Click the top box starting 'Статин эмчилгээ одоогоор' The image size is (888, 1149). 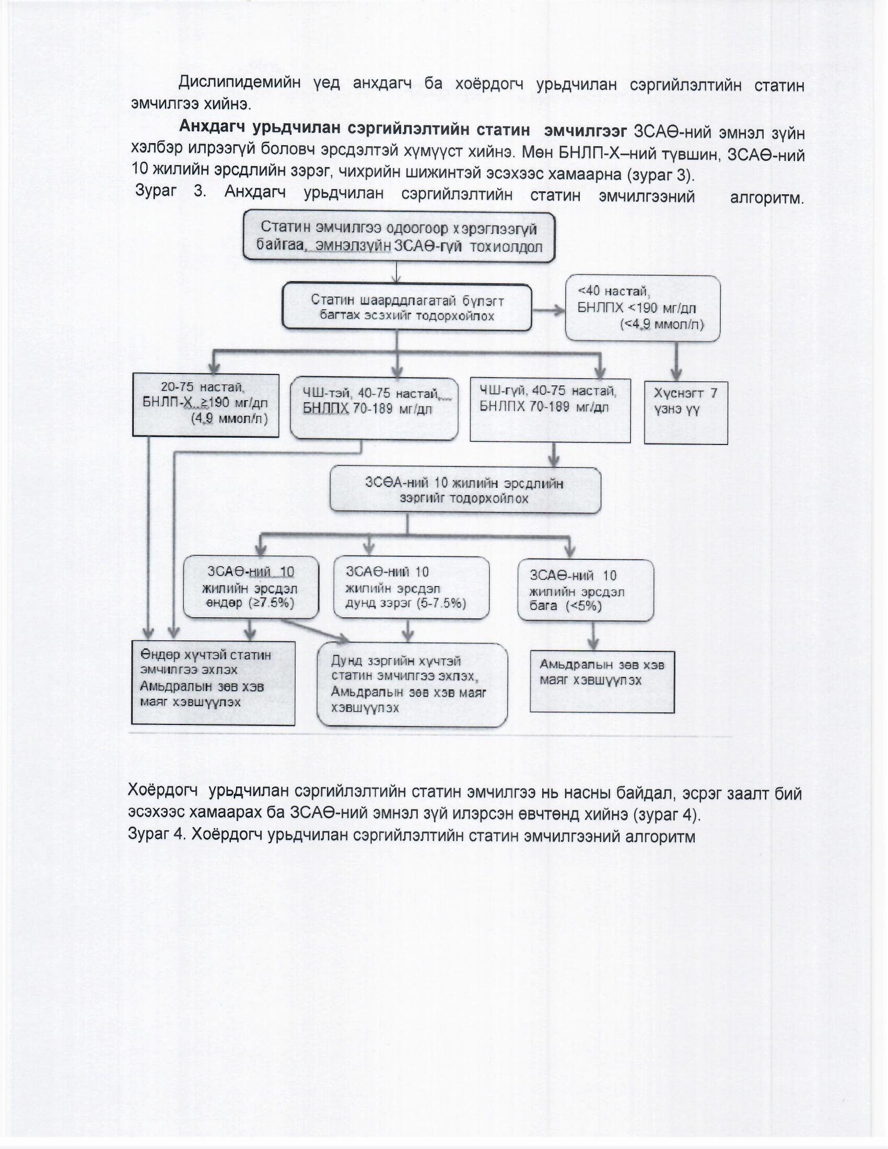399,237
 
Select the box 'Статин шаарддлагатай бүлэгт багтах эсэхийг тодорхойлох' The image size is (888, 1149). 406,308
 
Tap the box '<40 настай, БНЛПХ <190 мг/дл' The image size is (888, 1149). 642,308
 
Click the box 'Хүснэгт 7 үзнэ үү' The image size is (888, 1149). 685,413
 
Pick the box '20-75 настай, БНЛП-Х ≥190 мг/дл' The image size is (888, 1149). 205,405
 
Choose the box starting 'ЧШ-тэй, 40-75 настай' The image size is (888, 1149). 373,408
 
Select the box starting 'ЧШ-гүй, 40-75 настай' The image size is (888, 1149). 550,410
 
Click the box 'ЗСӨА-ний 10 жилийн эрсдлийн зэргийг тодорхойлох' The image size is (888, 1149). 465,490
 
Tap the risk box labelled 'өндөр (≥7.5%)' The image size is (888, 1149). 250,587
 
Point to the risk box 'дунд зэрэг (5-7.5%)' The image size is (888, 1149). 411,588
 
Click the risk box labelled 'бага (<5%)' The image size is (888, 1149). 586,590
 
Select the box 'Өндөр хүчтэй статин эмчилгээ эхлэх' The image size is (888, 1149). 213,683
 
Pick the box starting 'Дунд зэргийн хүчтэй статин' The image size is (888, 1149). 412,685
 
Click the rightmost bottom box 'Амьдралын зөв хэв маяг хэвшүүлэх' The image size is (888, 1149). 602,681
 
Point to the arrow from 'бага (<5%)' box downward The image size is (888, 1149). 593,636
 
